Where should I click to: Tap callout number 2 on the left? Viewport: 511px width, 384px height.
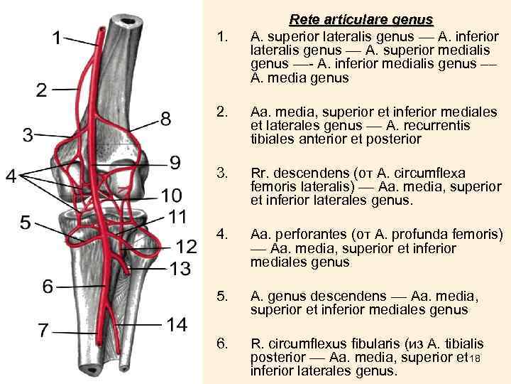point(42,90)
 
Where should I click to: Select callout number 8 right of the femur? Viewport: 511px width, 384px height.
point(165,119)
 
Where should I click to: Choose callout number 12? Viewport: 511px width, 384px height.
point(186,247)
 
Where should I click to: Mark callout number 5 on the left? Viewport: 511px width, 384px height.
point(25,223)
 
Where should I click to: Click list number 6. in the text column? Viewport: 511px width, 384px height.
point(223,344)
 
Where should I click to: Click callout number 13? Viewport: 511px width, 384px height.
point(181,268)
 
